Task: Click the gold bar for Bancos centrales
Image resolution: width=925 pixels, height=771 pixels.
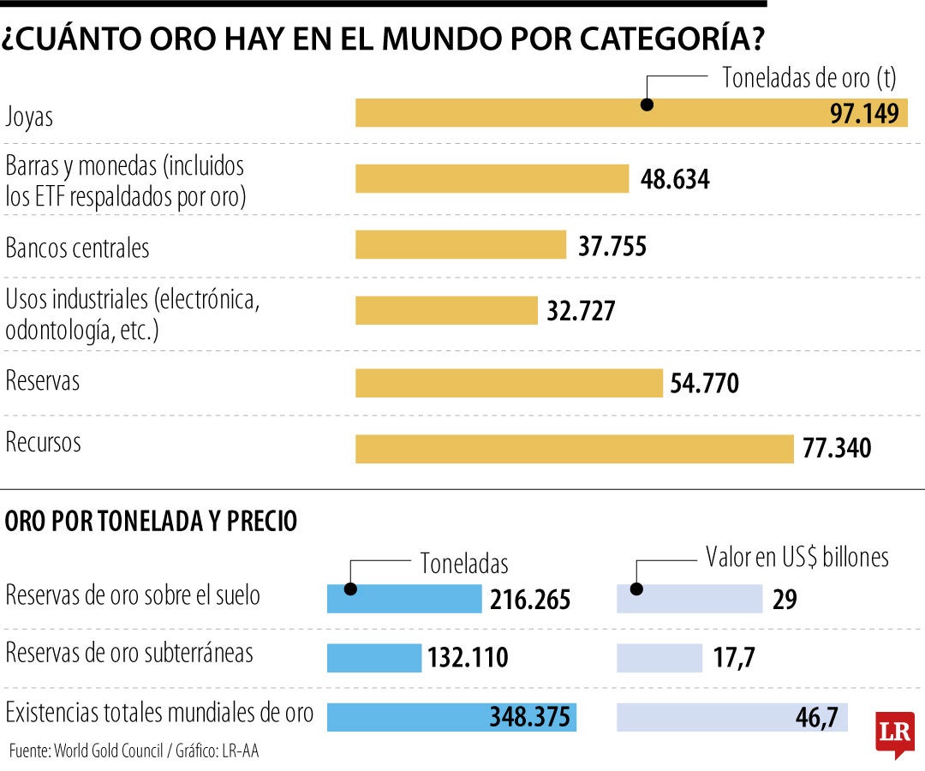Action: (x=461, y=244)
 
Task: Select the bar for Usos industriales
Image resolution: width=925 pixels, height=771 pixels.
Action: (x=446, y=310)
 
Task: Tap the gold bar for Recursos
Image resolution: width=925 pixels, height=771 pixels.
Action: (x=575, y=449)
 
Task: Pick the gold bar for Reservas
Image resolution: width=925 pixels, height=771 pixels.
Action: (x=509, y=383)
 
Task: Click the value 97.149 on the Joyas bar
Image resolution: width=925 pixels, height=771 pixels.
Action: (x=863, y=113)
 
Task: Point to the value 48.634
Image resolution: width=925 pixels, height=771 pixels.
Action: (x=675, y=179)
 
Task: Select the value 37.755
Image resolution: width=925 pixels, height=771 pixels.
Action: (x=612, y=246)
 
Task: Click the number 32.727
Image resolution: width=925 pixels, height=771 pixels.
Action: (x=582, y=311)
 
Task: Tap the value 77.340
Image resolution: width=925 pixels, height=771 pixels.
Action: (x=837, y=447)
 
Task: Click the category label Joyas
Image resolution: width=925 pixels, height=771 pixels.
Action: (x=29, y=117)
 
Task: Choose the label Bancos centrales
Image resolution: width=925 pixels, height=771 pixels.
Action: (x=77, y=248)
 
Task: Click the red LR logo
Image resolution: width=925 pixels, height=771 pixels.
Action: (x=895, y=733)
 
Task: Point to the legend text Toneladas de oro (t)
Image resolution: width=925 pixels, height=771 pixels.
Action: (x=809, y=78)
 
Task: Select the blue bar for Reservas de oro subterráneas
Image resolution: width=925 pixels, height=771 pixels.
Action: (x=374, y=658)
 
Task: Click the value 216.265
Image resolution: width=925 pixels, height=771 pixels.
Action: (x=530, y=600)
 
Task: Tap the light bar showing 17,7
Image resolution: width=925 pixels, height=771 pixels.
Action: (x=659, y=658)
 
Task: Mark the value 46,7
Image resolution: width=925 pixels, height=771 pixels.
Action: (x=816, y=716)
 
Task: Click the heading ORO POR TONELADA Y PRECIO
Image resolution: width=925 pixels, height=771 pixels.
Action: (x=152, y=521)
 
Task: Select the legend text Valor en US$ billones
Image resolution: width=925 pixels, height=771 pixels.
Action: (x=797, y=558)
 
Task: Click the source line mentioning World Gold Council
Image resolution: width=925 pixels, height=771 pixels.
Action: (x=134, y=751)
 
